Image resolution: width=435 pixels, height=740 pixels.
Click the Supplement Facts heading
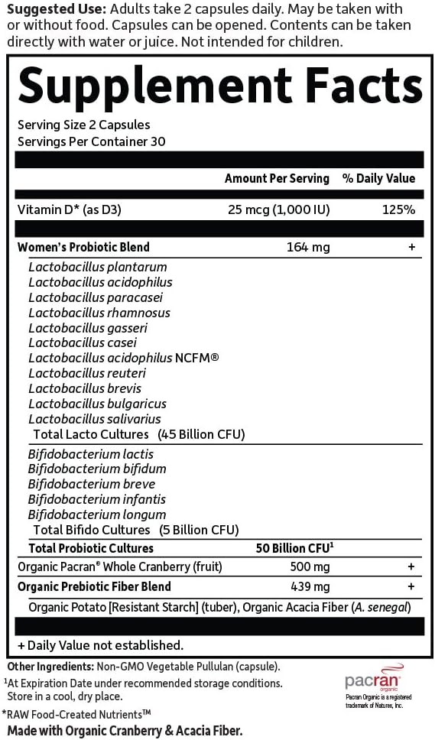(220, 84)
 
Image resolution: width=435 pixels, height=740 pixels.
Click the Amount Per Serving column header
(277, 178)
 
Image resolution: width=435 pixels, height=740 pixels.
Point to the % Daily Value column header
(378, 178)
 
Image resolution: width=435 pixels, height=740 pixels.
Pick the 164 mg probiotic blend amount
(301, 247)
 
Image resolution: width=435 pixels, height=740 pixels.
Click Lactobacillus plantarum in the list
(98, 267)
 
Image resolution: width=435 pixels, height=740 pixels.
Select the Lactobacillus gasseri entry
(88, 328)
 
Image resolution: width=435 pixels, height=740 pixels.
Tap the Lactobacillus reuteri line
(87, 373)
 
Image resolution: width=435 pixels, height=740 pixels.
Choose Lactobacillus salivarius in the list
(95, 419)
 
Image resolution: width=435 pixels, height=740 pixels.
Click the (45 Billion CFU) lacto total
(201, 434)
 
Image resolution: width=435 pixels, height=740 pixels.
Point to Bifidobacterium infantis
(97, 499)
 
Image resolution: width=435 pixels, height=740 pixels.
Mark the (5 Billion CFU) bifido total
(200, 529)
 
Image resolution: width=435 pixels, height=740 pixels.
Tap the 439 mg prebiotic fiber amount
(313, 586)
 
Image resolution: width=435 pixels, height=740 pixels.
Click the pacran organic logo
(372, 680)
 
